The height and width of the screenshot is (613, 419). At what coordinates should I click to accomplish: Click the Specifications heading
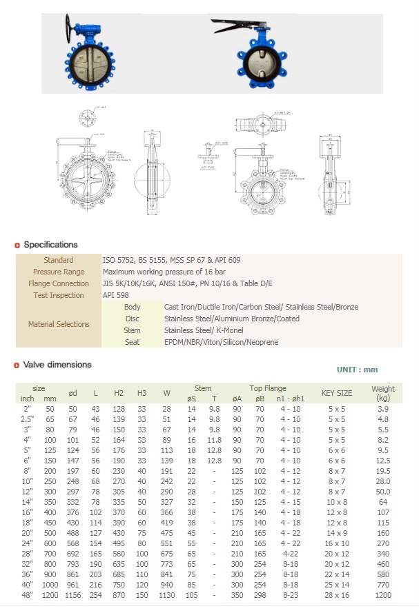coord(50,245)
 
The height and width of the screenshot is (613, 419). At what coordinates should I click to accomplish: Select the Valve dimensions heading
coord(57,365)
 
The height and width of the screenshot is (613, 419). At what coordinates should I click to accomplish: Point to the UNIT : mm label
coord(357,370)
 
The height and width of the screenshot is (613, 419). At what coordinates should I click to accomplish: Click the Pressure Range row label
coord(59,272)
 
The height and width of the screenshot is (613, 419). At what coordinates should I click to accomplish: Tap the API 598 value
coord(115,295)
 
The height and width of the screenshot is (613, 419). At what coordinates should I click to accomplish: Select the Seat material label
coord(132,342)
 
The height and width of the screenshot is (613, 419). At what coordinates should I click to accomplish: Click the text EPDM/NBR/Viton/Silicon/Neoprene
coord(221,342)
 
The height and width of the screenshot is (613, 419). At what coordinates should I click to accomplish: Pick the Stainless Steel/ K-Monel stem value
coord(199,330)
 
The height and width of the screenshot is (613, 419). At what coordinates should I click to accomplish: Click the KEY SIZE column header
coord(337,393)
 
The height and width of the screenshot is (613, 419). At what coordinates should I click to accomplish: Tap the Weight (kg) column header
coord(383,393)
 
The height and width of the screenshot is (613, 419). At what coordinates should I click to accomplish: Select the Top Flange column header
coord(268,388)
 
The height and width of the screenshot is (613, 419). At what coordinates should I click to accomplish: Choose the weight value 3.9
coord(383,409)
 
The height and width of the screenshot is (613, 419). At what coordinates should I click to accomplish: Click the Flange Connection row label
coord(59,283)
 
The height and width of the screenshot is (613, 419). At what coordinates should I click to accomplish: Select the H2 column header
coord(119,393)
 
